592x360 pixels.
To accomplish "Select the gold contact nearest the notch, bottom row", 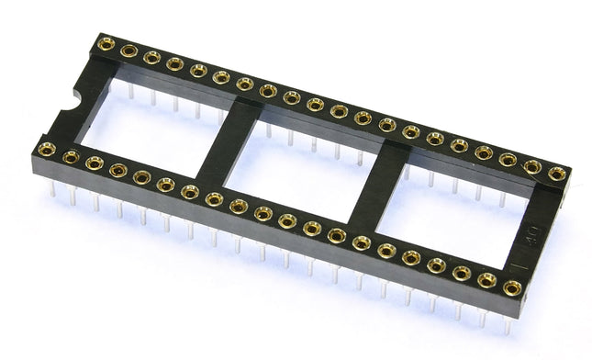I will [x=46, y=149].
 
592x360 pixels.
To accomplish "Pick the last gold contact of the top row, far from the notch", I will [x=556, y=173].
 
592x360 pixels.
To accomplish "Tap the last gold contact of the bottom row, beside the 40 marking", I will [x=512, y=288].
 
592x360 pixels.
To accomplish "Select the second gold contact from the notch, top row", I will [x=128, y=51].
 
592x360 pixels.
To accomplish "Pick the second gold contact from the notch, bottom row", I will [x=70, y=156].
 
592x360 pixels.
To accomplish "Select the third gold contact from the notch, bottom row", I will [x=94, y=163].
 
